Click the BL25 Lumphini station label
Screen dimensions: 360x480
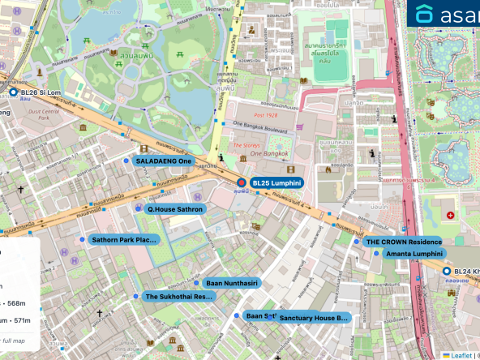(x=276, y=183)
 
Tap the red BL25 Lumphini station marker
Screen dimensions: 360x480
(x=241, y=183)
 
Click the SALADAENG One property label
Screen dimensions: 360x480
(x=164, y=162)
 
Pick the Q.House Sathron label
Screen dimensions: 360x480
(x=174, y=209)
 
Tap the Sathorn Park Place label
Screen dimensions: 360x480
(x=123, y=240)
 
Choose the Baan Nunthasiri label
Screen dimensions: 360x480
(x=231, y=283)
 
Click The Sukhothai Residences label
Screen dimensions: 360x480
(x=178, y=297)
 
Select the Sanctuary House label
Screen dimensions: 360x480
(x=313, y=319)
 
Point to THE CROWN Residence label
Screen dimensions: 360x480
(x=403, y=242)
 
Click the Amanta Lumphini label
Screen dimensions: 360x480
(x=414, y=254)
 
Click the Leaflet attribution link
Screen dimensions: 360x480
(x=461, y=354)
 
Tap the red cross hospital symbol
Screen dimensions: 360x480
(x=450, y=216)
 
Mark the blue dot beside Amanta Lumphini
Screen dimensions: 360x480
(x=376, y=254)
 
